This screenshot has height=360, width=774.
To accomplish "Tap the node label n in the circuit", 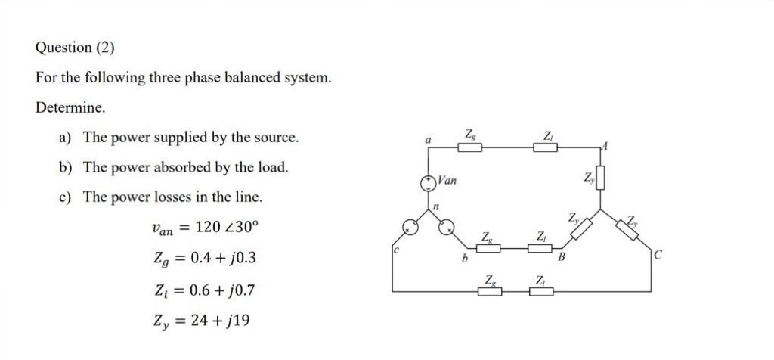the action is tap(436, 206).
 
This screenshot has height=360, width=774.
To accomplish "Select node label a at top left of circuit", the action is tap(428, 140).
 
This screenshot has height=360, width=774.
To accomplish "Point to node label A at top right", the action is tap(605, 144).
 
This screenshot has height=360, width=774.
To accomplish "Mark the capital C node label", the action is tap(658, 255).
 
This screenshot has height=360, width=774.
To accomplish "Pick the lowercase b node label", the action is tap(464, 259).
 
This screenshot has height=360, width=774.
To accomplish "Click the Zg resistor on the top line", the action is tap(471, 147).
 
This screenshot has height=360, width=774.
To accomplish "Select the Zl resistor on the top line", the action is tap(546, 147).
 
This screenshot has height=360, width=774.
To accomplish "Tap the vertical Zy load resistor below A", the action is tap(601, 178).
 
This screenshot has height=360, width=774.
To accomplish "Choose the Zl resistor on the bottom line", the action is tap(540, 291).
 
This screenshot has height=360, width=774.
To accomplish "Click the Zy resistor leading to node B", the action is tap(578, 229).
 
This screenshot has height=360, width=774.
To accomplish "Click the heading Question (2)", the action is tap(75, 48).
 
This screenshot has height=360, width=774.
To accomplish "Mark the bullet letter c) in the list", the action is tap(66, 197).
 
